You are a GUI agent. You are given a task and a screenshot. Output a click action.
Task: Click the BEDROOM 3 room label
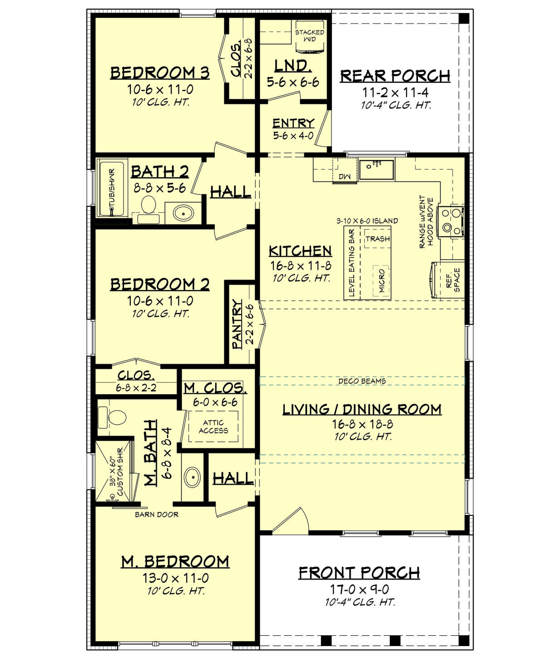(x=160, y=73)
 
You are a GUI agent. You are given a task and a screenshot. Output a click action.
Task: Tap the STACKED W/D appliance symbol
(x=310, y=36)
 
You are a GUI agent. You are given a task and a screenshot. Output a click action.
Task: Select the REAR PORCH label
(x=395, y=76)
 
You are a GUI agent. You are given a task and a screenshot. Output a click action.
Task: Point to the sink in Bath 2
(x=183, y=212)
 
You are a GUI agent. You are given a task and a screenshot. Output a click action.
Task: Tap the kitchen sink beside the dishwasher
(x=376, y=169)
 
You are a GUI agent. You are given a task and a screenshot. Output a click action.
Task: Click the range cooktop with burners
(x=450, y=221)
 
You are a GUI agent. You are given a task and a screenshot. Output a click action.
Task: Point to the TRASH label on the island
(x=377, y=239)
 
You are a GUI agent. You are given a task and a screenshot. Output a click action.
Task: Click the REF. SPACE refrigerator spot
(x=452, y=280)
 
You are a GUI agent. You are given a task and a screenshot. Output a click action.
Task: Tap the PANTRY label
(x=237, y=324)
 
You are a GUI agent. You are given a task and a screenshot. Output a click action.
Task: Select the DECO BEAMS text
(x=362, y=381)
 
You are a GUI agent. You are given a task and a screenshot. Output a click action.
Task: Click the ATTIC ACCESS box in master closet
(x=213, y=427)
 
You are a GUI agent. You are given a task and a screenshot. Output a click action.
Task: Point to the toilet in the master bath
(x=112, y=417)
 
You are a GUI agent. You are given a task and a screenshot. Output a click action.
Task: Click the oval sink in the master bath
(x=193, y=477)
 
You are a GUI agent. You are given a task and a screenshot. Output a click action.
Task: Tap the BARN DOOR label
(x=157, y=515)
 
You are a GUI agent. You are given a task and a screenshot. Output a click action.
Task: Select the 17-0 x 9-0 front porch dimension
(x=359, y=589)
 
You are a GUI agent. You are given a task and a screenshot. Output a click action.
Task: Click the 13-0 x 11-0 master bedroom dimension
(x=175, y=578)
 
